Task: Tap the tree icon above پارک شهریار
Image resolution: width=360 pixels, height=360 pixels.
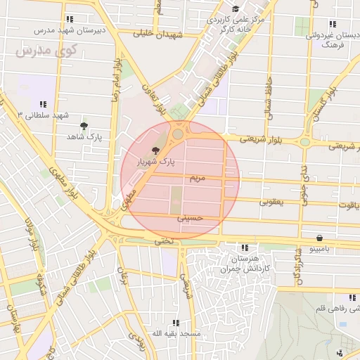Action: (x=156, y=150)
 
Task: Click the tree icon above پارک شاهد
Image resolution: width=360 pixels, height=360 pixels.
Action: (x=85, y=126)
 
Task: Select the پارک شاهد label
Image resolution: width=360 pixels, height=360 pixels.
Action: (x=85, y=137)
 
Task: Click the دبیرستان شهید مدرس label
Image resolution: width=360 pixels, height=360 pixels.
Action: (x=69, y=31)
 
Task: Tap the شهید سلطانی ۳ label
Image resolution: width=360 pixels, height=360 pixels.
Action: (x=44, y=115)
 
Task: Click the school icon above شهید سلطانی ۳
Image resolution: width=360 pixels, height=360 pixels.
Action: (x=44, y=103)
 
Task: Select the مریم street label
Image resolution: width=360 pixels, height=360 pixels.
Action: (x=198, y=179)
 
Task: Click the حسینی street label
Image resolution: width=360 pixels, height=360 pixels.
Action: (x=189, y=218)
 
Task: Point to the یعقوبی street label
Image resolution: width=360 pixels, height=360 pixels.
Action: (x=271, y=202)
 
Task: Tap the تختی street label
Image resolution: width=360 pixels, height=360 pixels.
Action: (x=163, y=241)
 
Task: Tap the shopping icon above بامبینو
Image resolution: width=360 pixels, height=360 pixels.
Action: (x=320, y=238)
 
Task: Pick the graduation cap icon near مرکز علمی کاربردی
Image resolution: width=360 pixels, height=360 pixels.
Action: (x=235, y=8)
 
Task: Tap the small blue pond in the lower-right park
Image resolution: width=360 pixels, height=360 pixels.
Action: (x=342, y=325)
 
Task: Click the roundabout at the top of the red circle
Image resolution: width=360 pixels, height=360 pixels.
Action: (x=177, y=134)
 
